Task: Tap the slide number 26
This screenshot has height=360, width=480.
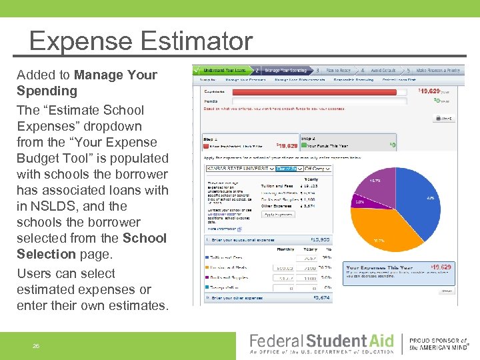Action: pos(36,345)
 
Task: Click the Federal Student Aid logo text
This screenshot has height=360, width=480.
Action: pos(321,341)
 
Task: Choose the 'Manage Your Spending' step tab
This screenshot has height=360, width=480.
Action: pos(287,70)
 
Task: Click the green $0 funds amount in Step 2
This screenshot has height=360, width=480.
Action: pos(393,145)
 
